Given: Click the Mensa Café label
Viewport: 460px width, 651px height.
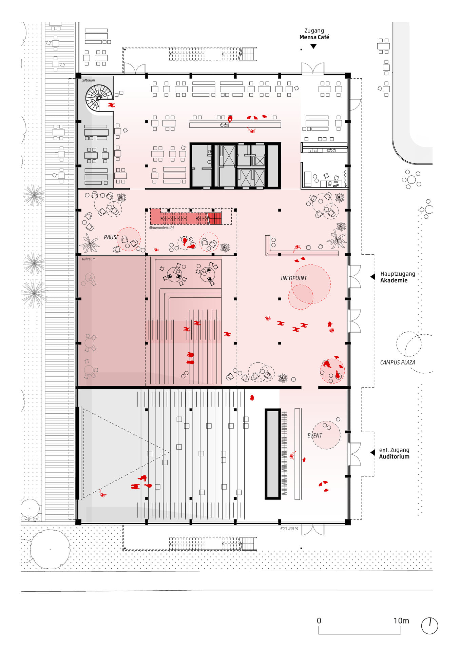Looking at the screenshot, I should click(x=314, y=37).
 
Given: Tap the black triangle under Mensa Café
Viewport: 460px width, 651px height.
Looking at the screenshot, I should click(x=313, y=46).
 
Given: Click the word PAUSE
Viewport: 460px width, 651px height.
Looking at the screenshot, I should click(x=111, y=237).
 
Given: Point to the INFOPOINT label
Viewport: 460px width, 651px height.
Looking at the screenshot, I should click(x=294, y=278).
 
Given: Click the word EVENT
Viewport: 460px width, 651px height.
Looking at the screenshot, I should click(x=314, y=436).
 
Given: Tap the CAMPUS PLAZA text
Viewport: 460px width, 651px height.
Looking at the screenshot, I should click(x=397, y=362).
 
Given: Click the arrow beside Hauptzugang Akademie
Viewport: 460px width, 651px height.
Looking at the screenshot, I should click(x=372, y=277).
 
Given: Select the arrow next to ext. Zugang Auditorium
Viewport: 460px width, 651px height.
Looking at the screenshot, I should click(x=372, y=453).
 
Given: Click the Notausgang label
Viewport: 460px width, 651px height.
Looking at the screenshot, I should click(x=289, y=528).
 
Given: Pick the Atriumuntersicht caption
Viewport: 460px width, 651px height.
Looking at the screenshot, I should click(x=161, y=228).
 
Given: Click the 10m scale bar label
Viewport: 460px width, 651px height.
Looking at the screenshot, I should click(x=401, y=621).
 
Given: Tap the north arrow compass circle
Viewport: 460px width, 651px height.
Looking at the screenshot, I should click(x=429, y=626).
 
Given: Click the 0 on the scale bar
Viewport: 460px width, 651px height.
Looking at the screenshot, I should click(x=319, y=621).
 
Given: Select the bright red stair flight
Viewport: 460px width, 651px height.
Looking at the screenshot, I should click(x=215, y=218).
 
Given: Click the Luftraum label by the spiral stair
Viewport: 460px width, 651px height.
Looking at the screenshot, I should click(x=88, y=80).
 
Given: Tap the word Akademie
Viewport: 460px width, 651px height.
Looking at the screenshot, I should click(x=394, y=280).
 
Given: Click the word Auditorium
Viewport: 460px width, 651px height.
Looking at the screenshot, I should click(x=394, y=457).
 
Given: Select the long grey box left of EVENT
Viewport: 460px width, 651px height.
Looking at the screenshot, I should click(x=272, y=454).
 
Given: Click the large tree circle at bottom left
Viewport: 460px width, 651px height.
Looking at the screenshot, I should click(x=50, y=549).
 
